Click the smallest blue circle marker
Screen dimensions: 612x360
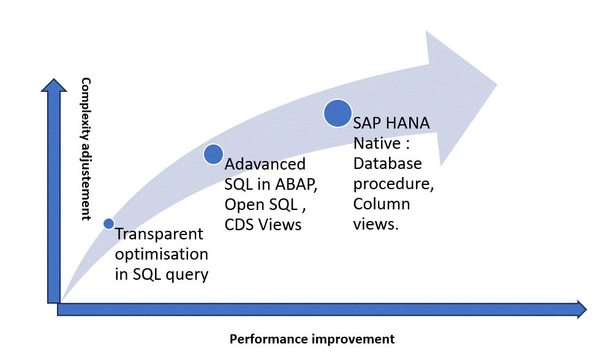point(109,223)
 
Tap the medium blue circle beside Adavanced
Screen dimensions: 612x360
point(214,154)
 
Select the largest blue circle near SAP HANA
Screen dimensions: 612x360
point(338,113)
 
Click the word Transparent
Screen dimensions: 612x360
point(159,234)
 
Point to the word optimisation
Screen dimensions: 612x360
point(162,254)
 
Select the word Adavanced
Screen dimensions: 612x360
point(265,164)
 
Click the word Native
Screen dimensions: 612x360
point(377,143)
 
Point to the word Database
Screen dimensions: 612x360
point(388,164)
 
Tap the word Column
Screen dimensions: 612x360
point(382,204)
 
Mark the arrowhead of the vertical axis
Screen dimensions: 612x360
point(54,86)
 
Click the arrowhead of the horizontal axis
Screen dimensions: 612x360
point(581,310)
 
